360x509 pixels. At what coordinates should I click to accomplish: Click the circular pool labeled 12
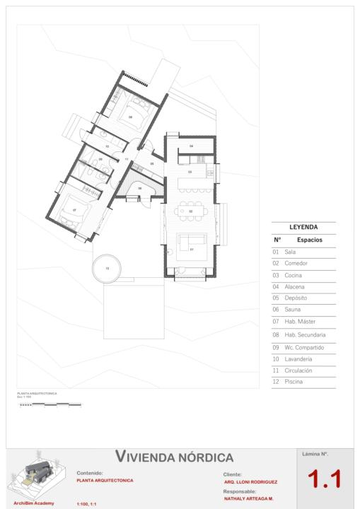(x=108, y=269)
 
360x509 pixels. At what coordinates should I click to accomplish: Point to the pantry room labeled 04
(x=191, y=146)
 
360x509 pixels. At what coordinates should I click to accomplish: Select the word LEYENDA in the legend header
(x=303, y=228)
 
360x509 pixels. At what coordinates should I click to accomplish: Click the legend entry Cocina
(x=294, y=274)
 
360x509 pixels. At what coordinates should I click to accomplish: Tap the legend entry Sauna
(x=293, y=310)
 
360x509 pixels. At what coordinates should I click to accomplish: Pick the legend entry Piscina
(x=294, y=382)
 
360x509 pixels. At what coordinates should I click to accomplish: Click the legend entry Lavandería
(x=298, y=358)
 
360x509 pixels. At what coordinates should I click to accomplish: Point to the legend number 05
(x=276, y=298)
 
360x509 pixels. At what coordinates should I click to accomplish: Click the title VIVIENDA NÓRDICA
(x=174, y=457)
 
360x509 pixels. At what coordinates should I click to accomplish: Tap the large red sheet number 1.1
(x=324, y=479)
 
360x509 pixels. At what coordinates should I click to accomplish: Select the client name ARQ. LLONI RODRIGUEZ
(x=250, y=482)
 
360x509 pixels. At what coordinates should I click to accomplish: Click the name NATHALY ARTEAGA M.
(x=248, y=498)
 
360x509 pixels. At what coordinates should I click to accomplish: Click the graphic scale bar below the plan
(x=50, y=405)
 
